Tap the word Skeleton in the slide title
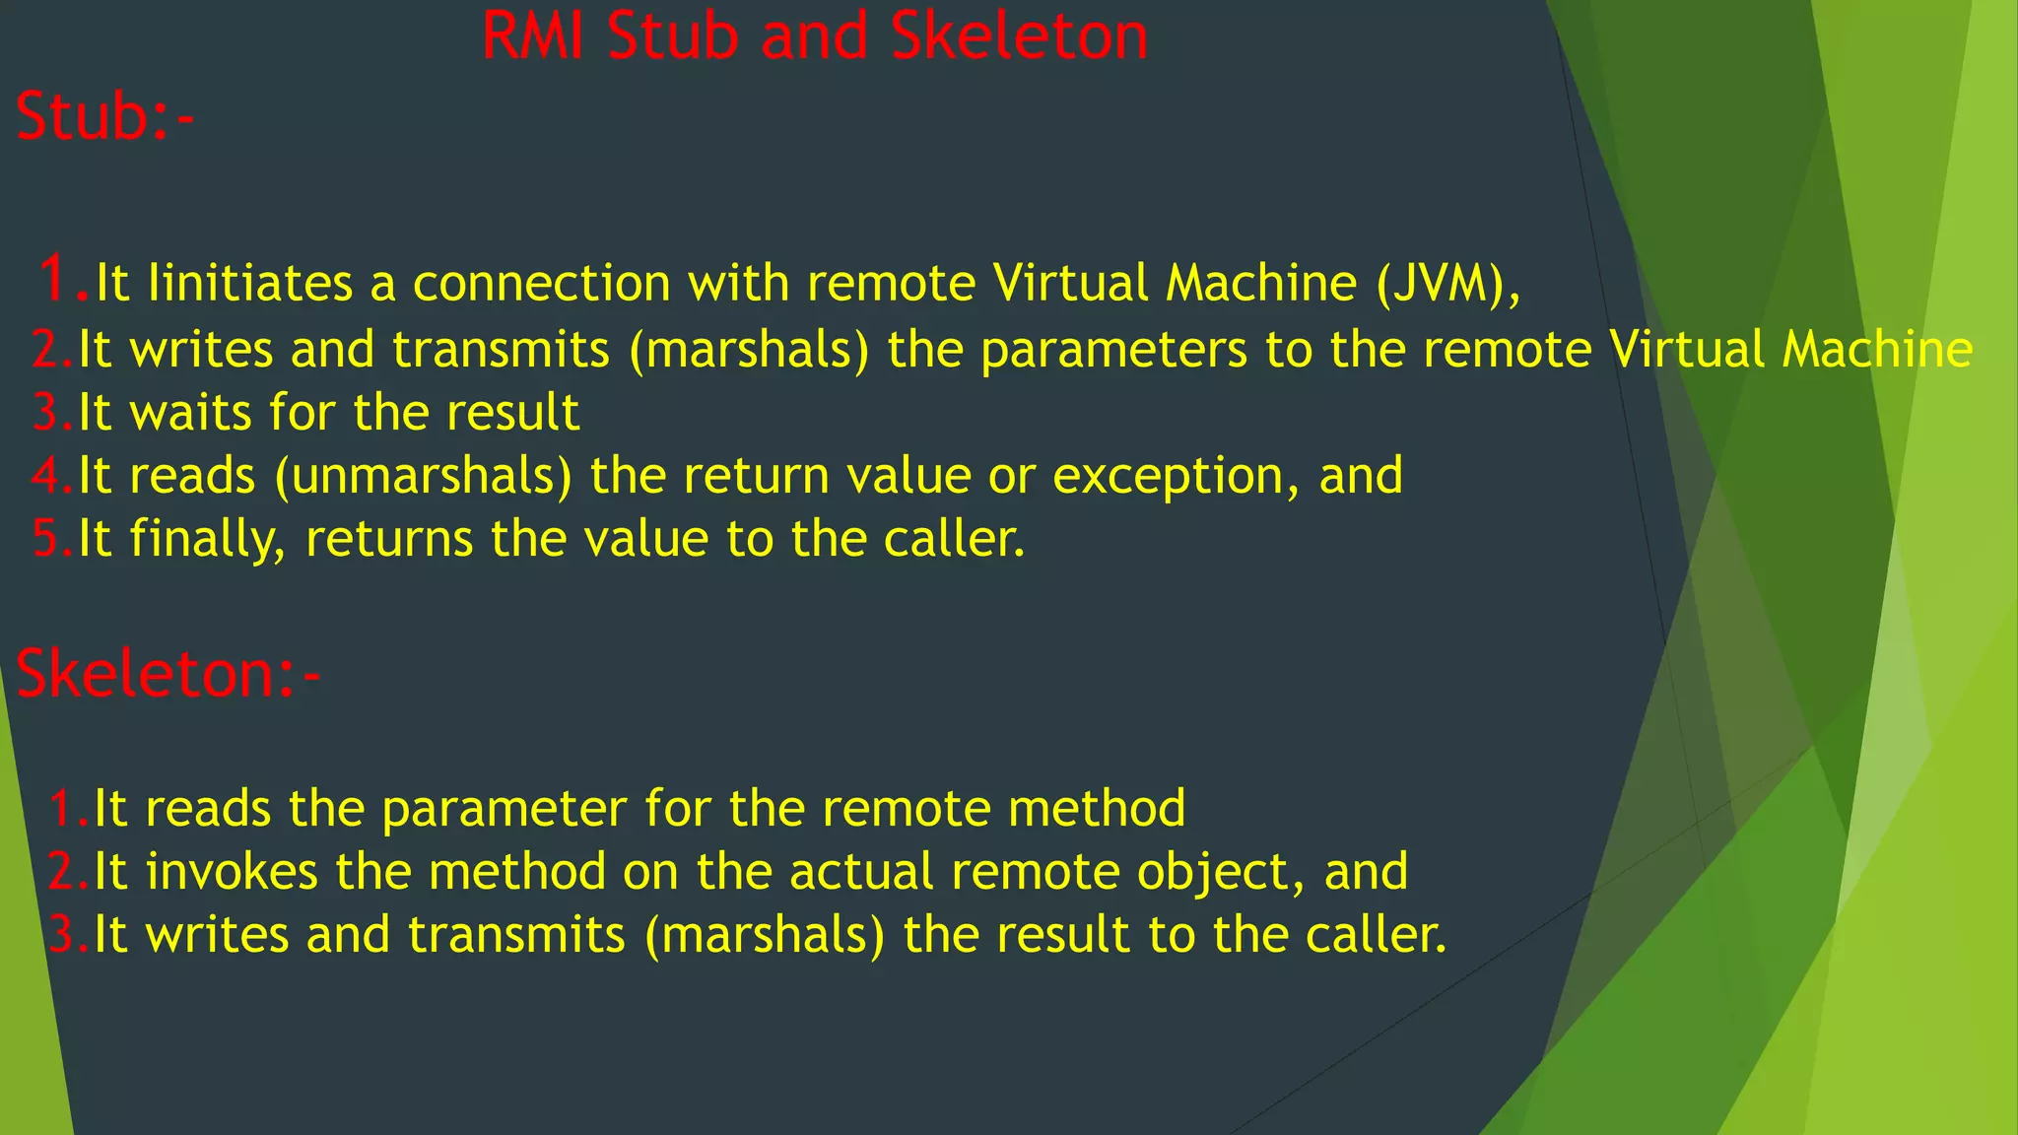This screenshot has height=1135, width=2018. [1019, 37]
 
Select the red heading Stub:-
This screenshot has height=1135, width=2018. [104, 117]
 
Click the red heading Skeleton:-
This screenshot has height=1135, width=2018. [168, 675]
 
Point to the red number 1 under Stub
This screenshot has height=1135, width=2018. [55, 279]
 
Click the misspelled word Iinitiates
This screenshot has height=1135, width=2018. [249, 284]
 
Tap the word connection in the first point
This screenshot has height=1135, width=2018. [541, 284]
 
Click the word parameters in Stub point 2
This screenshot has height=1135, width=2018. [1114, 351]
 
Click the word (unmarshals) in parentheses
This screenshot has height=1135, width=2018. [424, 477]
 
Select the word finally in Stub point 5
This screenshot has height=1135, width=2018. [208, 540]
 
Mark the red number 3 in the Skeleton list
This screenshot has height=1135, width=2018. [63, 936]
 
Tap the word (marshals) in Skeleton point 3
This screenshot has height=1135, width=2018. [765, 936]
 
